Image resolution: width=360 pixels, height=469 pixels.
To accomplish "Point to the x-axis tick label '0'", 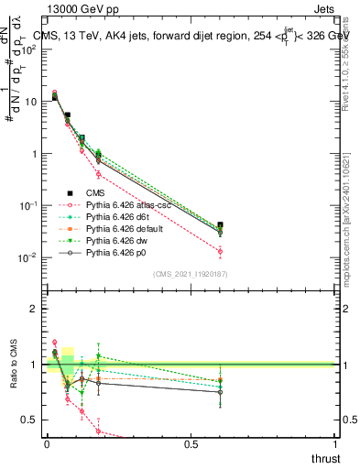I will click(47, 444).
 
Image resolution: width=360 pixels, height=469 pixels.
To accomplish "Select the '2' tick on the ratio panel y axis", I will click(35, 309).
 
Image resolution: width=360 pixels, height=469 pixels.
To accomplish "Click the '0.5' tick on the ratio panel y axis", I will click(30, 420).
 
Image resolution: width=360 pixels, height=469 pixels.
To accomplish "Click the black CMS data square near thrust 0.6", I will click(220, 224).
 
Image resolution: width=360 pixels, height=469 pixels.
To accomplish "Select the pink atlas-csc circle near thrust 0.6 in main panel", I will click(220, 251).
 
